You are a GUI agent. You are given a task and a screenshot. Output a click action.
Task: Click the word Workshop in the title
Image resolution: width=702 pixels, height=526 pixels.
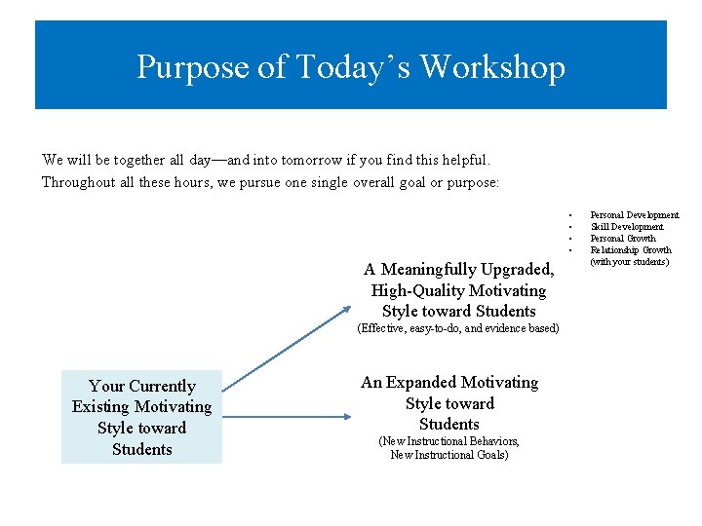point(492,67)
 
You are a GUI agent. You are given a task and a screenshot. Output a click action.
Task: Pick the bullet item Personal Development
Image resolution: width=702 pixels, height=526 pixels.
point(635,214)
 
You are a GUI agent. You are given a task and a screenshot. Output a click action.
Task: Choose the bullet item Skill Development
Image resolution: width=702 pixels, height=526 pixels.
point(627,226)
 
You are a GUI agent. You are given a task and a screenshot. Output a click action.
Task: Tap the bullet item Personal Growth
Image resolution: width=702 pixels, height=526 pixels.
point(623,238)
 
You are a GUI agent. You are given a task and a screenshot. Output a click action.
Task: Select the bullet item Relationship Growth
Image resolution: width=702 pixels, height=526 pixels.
point(631,249)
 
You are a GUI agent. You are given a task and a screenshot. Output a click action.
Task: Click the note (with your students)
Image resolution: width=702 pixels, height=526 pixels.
point(630,261)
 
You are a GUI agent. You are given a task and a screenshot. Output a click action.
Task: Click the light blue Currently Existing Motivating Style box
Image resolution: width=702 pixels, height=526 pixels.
point(141,417)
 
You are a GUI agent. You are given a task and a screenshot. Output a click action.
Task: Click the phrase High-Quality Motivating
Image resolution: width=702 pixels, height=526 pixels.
point(458,290)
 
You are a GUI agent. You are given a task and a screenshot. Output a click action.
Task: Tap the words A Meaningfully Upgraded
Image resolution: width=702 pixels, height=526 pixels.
point(458,269)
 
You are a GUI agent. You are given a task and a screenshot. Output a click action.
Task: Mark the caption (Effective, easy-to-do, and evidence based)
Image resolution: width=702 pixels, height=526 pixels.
point(458,328)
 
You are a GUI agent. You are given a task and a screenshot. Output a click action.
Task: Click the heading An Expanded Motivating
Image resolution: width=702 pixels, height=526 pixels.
point(449,382)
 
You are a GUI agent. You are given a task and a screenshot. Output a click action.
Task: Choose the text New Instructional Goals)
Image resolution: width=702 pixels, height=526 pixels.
point(449,454)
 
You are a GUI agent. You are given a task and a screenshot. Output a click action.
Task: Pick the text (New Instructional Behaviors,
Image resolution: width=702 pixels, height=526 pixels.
point(449,441)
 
